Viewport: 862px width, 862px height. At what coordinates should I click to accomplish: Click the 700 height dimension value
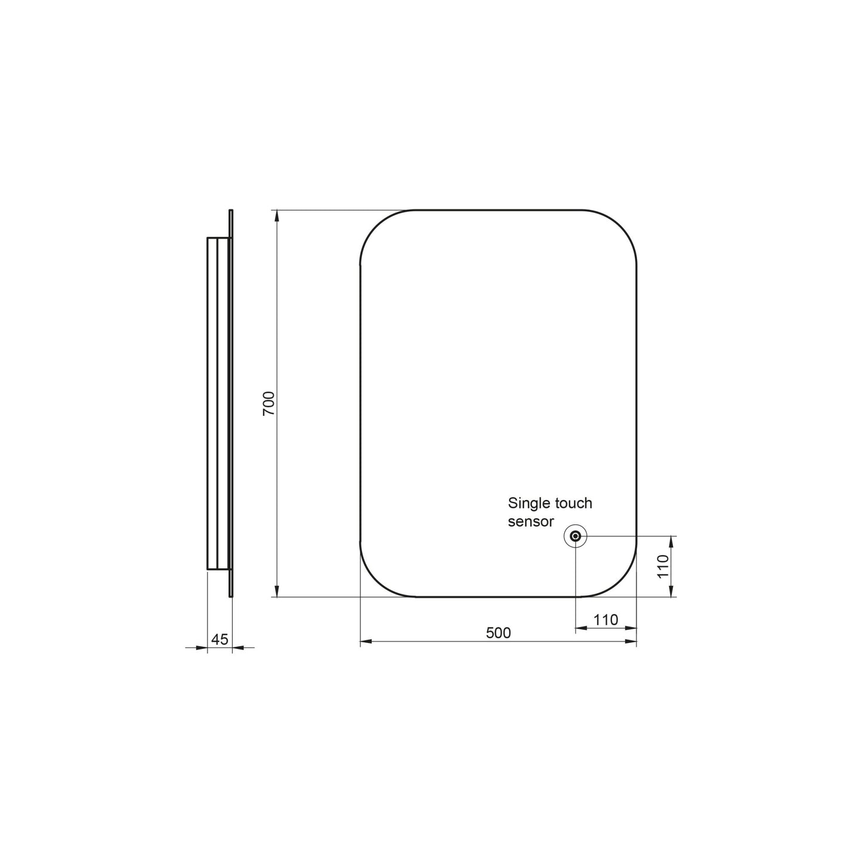tap(269, 404)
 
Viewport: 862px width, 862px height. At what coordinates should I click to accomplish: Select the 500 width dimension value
tap(498, 633)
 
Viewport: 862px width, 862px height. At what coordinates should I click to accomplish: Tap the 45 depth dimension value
tap(220, 639)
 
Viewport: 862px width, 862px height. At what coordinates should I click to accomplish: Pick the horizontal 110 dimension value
tap(605, 620)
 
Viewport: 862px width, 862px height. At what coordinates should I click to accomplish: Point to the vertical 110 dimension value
tap(663, 566)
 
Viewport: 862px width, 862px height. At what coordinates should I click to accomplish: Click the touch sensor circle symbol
tap(576, 536)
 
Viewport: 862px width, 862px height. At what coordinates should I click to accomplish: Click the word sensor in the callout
tap(531, 521)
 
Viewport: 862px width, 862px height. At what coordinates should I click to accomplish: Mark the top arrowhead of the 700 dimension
tap(277, 217)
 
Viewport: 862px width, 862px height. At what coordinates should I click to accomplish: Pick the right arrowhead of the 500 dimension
tap(631, 642)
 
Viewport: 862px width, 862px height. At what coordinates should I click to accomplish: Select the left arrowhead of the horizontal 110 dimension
tap(581, 628)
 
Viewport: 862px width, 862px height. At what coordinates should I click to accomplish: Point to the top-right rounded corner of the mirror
tap(620, 227)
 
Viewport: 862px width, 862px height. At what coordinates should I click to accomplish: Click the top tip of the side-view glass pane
tap(231, 211)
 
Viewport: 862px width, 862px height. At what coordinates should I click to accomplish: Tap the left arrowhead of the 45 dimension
tap(202, 647)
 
